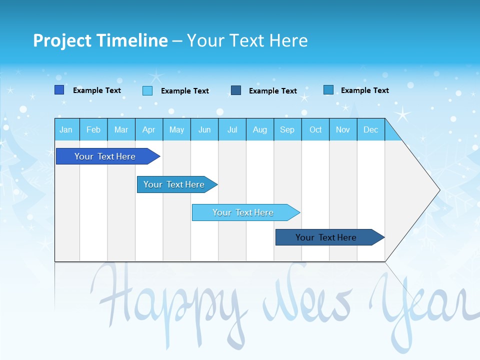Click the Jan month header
coord(66,130)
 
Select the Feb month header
coord(93,130)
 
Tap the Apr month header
coord(149,130)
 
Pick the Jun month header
coord(204,130)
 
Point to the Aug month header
coord(260,130)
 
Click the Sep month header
coord(287,130)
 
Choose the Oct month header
coord(315,130)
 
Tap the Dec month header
coord(371,130)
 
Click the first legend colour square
coord(59,90)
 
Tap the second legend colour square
coord(147,90)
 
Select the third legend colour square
coord(236,90)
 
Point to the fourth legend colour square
coord(328,90)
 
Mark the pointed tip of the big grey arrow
coord(439,190)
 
